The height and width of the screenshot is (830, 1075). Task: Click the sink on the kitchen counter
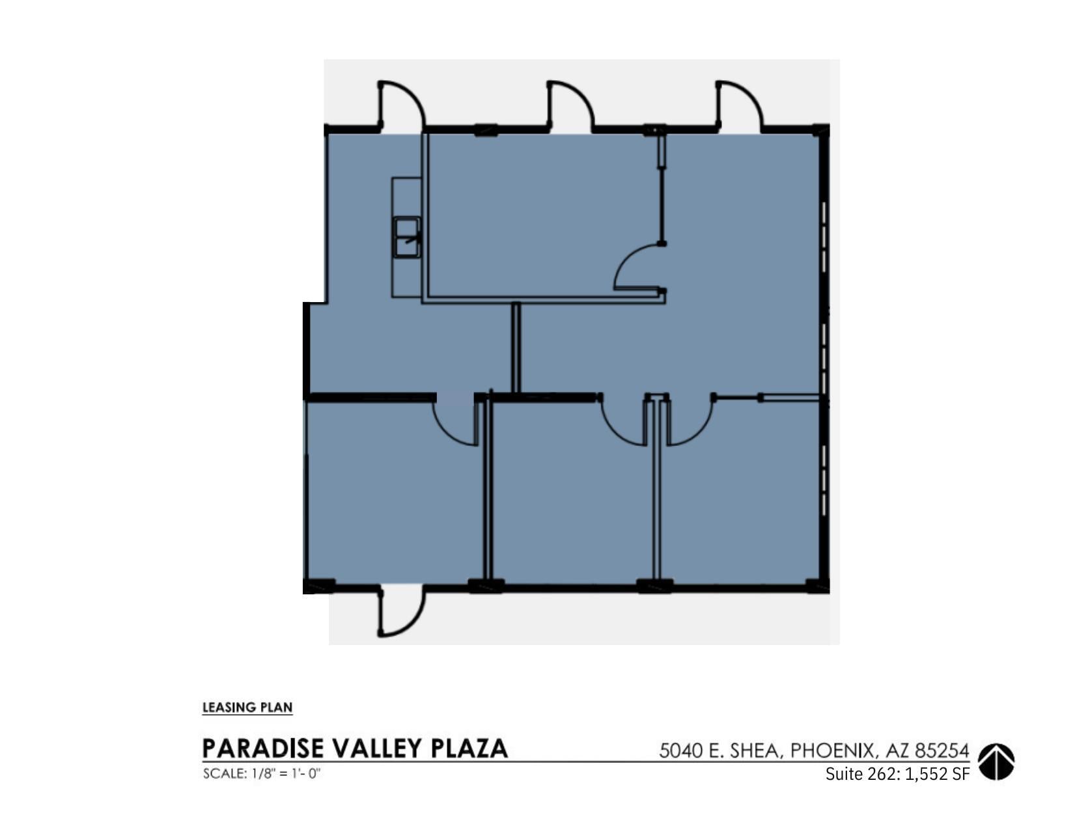407,238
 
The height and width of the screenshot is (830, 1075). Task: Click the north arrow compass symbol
996,762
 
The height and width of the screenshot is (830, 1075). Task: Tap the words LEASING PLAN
247,708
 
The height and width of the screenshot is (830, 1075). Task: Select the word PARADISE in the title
262,749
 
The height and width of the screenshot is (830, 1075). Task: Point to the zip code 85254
942,751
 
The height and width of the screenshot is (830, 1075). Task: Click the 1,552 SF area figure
937,774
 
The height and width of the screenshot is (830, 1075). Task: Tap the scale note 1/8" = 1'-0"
286,774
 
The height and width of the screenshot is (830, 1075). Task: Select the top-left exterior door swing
400,104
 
